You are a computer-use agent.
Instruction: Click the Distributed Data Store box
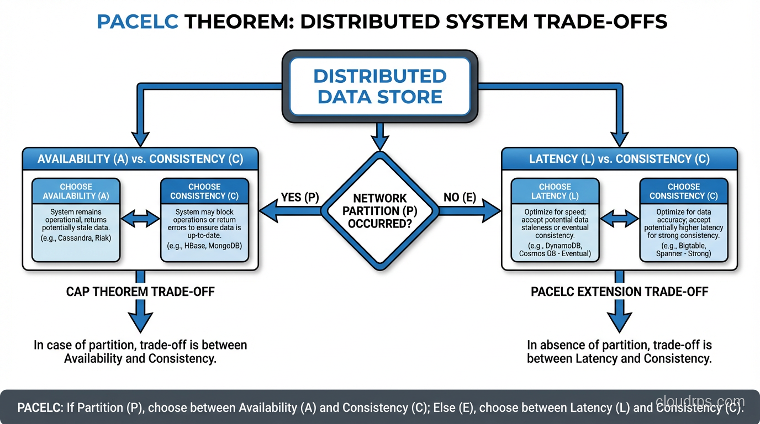pyautogui.click(x=380, y=86)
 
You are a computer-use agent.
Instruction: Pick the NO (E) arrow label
pyautogui.click(x=460, y=198)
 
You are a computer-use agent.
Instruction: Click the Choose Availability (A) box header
pyautogui.click(x=76, y=191)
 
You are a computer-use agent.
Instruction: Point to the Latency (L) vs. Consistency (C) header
pyautogui.click(x=619, y=159)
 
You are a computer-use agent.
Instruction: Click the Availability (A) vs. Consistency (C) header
pyautogui.click(x=140, y=159)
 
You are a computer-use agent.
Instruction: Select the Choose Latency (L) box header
pyautogui.click(x=555, y=191)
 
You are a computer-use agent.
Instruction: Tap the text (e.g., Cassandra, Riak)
pyautogui.click(x=76, y=239)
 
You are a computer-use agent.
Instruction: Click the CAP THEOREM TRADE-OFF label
pyautogui.click(x=140, y=291)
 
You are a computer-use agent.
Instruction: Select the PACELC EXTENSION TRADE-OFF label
pyautogui.click(x=619, y=291)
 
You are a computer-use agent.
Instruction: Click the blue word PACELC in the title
pyautogui.click(x=137, y=22)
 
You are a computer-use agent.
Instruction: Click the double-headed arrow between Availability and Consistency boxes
pyautogui.click(x=140, y=219)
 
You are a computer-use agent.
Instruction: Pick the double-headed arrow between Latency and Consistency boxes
pyautogui.click(x=619, y=219)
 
